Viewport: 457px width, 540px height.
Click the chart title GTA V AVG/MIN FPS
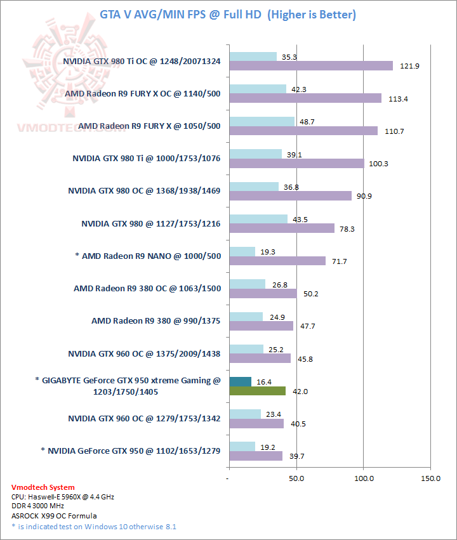(x=228, y=14)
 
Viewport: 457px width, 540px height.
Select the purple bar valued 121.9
(x=310, y=66)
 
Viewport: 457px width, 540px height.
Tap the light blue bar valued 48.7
(x=262, y=121)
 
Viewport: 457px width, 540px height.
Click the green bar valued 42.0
(x=256, y=392)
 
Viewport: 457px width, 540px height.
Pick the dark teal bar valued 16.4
(x=240, y=382)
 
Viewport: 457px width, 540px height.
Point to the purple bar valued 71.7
(x=277, y=261)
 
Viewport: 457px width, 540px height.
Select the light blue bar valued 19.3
(x=242, y=252)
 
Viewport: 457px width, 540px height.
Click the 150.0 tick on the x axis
(x=430, y=477)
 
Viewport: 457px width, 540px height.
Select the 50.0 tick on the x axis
(x=296, y=477)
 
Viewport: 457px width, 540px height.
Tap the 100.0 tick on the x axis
(x=364, y=477)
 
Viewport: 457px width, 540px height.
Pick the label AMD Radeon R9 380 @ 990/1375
(x=156, y=321)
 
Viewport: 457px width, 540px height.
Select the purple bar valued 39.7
(x=255, y=456)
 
